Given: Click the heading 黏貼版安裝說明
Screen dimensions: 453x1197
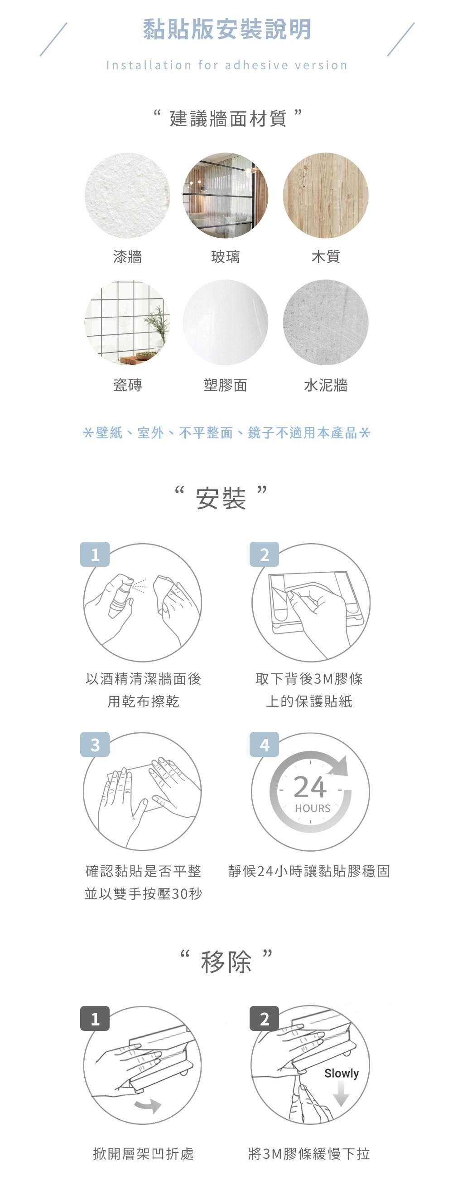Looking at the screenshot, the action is pyautogui.click(x=226, y=29).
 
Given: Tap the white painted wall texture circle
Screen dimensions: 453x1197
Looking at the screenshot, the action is pyautogui.click(x=127, y=196).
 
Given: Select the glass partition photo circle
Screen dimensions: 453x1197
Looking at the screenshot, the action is pyautogui.click(x=226, y=196).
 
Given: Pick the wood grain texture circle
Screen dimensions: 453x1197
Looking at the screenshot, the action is pyautogui.click(x=326, y=196).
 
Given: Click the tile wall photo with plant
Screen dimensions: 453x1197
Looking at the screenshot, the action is pyautogui.click(x=127, y=323).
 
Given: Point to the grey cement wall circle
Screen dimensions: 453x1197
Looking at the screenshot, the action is pyautogui.click(x=326, y=323).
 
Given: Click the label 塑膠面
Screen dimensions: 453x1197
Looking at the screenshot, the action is pyautogui.click(x=226, y=385).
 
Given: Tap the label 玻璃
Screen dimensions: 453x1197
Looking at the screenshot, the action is pyautogui.click(x=226, y=256).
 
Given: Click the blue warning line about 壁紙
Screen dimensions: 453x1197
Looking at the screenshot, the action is pyautogui.click(x=226, y=433).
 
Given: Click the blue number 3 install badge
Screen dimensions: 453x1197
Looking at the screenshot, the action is pyautogui.click(x=95, y=745).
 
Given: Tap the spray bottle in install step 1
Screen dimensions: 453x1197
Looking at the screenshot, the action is pyautogui.click(x=120, y=595).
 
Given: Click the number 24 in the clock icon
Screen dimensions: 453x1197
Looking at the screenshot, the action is pyautogui.click(x=310, y=787).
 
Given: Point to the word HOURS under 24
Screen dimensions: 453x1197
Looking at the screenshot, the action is pyautogui.click(x=313, y=809).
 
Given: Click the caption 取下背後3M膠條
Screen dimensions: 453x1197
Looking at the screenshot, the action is pyautogui.click(x=309, y=679).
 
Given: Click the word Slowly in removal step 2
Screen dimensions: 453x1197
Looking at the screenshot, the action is pyautogui.click(x=342, y=1074).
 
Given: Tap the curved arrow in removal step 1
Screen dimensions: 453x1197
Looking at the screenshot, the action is pyautogui.click(x=148, y=1106).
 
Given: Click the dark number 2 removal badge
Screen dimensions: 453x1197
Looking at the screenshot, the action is pyautogui.click(x=265, y=1019).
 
